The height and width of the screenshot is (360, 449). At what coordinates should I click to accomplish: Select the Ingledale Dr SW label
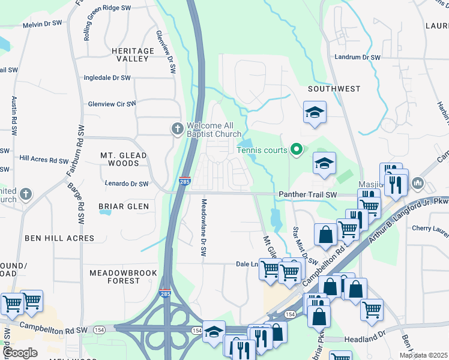pos(107,78)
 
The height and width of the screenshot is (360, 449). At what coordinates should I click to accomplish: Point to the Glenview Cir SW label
pos(112,104)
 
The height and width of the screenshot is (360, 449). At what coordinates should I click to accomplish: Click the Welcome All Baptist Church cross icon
pos(177,128)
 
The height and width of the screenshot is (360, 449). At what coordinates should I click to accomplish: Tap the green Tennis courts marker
pos(296,149)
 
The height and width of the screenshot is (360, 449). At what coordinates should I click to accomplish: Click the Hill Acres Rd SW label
pos(44,160)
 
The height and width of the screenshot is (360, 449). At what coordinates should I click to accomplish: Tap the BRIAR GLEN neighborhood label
pos(123,206)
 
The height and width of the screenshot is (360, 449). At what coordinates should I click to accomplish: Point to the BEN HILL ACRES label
pos(59,238)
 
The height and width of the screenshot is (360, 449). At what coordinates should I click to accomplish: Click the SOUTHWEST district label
pos(334,89)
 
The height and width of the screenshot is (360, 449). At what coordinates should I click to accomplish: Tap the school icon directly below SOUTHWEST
pos(315,113)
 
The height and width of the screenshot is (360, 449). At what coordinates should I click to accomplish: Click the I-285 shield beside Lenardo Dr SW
pos(184,180)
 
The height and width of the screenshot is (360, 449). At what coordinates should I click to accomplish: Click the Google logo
pos(20,353)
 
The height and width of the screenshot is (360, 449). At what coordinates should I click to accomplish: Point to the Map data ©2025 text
pos(423,355)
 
